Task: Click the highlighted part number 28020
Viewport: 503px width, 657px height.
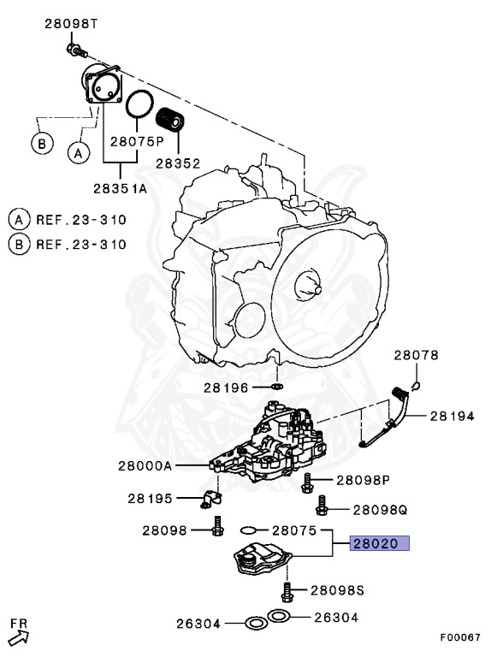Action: click(x=379, y=542)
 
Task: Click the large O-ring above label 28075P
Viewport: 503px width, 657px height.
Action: click(x=139, y=107)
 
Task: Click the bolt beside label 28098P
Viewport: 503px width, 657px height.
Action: click(x=307, y=483)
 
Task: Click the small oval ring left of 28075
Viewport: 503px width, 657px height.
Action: click(x=250, y=530)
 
